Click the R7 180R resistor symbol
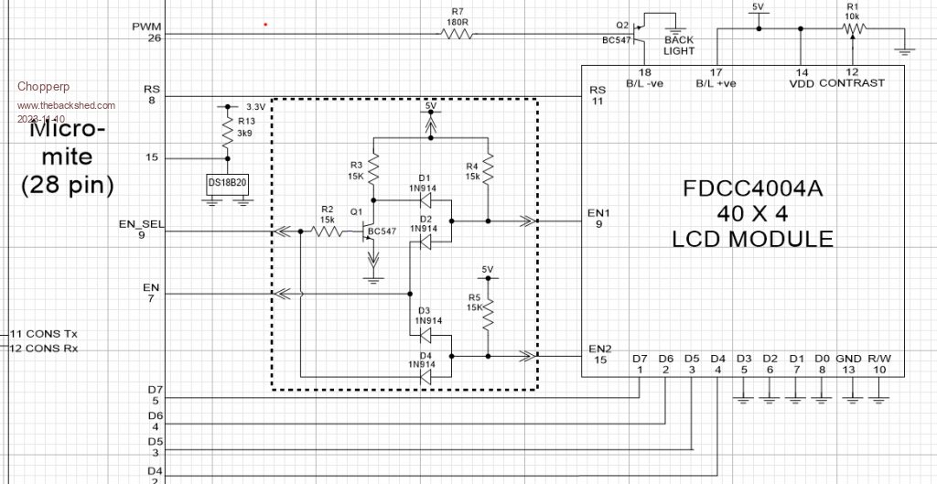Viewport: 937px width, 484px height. click(458, 34)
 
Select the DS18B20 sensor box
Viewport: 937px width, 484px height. click(227, 183)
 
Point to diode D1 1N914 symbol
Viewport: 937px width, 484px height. click(425, 195)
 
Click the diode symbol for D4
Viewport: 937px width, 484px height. click(425, 375)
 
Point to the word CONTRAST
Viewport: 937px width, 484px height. click(852, 83)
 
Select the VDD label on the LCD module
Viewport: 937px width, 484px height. click(801, 83)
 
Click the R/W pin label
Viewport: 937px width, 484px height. click(879, 359)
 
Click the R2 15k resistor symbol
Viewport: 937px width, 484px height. click(328, 232)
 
